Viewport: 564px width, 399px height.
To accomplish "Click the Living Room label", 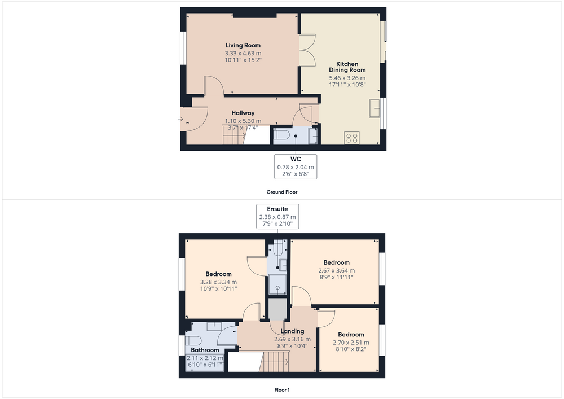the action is point(243,45).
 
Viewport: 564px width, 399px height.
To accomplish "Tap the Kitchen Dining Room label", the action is point(347,67).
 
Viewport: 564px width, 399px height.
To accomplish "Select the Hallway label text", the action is point(243,113).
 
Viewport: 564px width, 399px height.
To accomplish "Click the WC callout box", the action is point(296,166).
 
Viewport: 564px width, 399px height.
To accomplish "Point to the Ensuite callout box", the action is point(277,216).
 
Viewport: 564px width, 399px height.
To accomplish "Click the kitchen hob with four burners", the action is point(352,138).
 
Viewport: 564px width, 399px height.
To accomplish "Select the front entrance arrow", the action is point(180,119).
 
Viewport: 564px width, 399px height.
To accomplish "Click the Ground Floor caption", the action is point(282,192).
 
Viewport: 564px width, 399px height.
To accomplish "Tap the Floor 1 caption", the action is point(282,390).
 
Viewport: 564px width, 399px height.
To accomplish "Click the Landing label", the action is point(292,331).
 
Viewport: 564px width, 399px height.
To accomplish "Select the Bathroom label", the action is point(205,350).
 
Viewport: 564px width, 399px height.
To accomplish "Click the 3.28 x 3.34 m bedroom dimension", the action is point(218,282).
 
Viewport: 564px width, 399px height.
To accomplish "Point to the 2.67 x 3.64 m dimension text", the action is point(336,270).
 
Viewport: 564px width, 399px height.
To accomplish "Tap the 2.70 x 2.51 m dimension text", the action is point(351,343).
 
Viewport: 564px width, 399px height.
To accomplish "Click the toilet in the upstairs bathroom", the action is point(192,340).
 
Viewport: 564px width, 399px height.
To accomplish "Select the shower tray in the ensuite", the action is point(277,284).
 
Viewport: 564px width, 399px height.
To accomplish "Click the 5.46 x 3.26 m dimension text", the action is point(347,78).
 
